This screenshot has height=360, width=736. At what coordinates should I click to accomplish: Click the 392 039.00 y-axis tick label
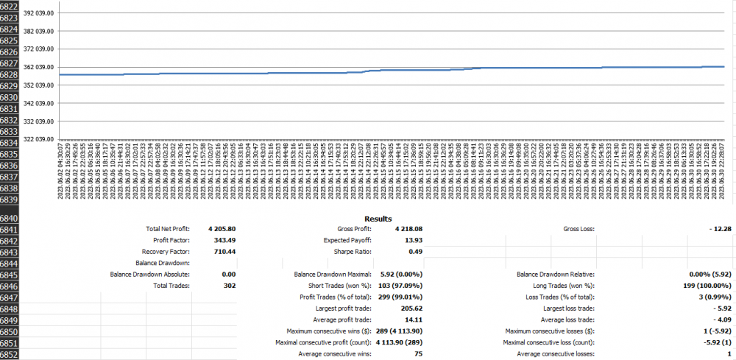(40, 13)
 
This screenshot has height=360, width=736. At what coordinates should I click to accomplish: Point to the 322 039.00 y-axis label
(40, 138)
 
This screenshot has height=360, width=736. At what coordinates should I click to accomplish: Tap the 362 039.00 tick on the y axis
(40, 67)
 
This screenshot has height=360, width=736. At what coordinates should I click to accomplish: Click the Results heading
(378, 219)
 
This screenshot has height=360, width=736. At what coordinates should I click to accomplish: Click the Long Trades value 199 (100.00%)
(701, 285)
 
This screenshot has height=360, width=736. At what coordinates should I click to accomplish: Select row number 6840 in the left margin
(10, 219)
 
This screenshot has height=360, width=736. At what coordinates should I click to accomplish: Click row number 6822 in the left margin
(10, 5)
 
